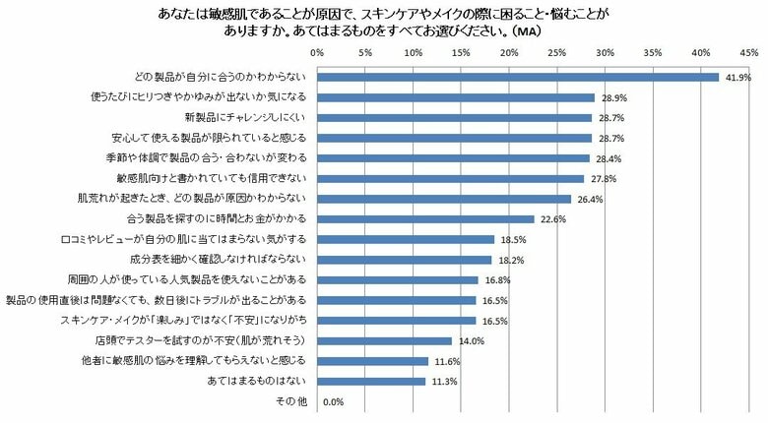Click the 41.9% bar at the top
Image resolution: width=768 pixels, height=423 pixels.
[x=517, y=77]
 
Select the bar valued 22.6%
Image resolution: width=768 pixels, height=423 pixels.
[x=424, y=218]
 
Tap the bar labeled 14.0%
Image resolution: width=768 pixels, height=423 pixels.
[x=383, y=340]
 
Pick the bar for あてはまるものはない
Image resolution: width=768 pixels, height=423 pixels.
[x=370, y=381]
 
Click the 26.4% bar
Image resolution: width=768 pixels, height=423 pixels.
[x=443, y=199]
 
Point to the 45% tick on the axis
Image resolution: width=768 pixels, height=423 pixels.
[x=748, y=50]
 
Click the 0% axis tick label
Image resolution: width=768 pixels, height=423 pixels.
[x=315, y=50]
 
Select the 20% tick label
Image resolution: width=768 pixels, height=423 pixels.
[x=508, y=50]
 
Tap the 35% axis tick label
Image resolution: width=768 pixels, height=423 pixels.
[x=652, y=50]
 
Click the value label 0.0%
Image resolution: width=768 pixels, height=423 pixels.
[x=333, y=401]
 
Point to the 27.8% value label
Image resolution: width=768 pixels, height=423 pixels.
[x=599, y=178]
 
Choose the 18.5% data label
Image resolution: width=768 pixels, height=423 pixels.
[x=509, y=239]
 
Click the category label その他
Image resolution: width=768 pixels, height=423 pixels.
[x=290, y=401]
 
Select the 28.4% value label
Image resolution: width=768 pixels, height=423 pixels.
[x=605, y=158]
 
